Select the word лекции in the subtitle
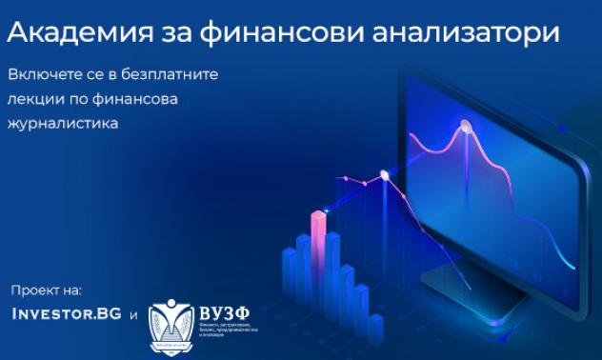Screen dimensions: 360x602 pos(32,99)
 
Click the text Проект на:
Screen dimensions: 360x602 pos(47,290)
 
